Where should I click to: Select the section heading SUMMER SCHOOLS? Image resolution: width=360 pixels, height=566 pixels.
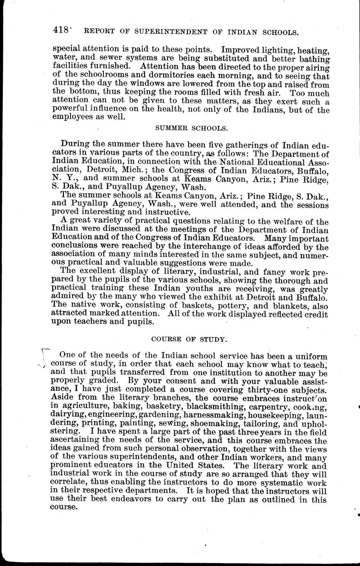pos(191,128)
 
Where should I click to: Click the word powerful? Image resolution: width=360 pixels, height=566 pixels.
pos(71,110)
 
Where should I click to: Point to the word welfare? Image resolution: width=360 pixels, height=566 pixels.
pos(290,223)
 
